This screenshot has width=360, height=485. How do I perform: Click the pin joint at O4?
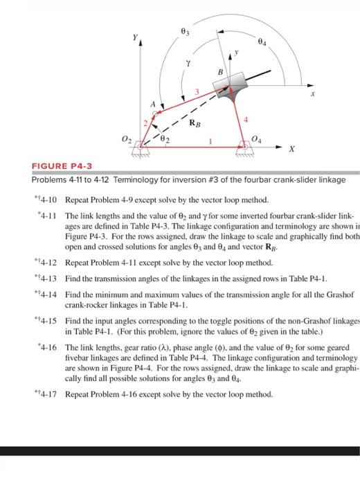(244, 146)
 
